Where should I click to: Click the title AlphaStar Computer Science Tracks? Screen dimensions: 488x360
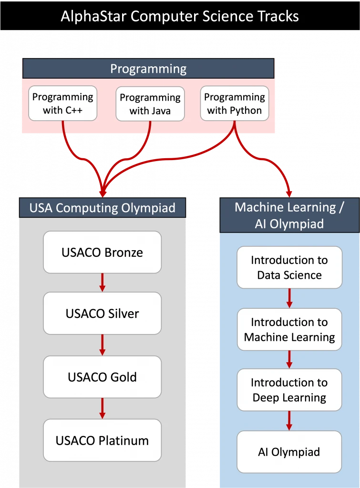coord(180,17)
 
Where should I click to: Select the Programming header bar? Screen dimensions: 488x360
coord(148,69)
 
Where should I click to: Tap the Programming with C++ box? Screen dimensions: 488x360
coord(63,103)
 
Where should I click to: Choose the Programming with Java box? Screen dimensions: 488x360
coord(150,104)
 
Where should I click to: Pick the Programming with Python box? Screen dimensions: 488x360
coord(234,103)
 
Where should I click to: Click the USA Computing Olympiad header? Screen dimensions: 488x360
coord(102,208)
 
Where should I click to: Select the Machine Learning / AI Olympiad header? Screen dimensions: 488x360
coord(289,215)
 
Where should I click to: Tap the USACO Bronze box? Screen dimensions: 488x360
coord(102,252)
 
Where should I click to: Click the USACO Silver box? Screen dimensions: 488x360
coord(102,314)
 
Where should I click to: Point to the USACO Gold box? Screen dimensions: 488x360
coord(102,377)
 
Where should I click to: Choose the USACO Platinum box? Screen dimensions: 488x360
coord(102,440)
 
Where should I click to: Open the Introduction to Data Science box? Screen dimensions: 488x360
coord(289,267)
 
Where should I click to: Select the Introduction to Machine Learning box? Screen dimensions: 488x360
coord(289,330)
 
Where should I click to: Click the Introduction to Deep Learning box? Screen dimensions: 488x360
coord(289,390)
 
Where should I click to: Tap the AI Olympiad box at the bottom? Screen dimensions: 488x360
coord(289,452)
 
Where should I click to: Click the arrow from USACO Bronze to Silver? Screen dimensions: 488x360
coord(102,283)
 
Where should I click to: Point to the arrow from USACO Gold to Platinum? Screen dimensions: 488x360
coord(102,408)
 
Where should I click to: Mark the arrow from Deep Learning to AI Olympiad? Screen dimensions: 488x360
coord(289,421)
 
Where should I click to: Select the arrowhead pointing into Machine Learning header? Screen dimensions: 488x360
coord(289,193)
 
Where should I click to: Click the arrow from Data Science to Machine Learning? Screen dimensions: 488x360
coord(289,298)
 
